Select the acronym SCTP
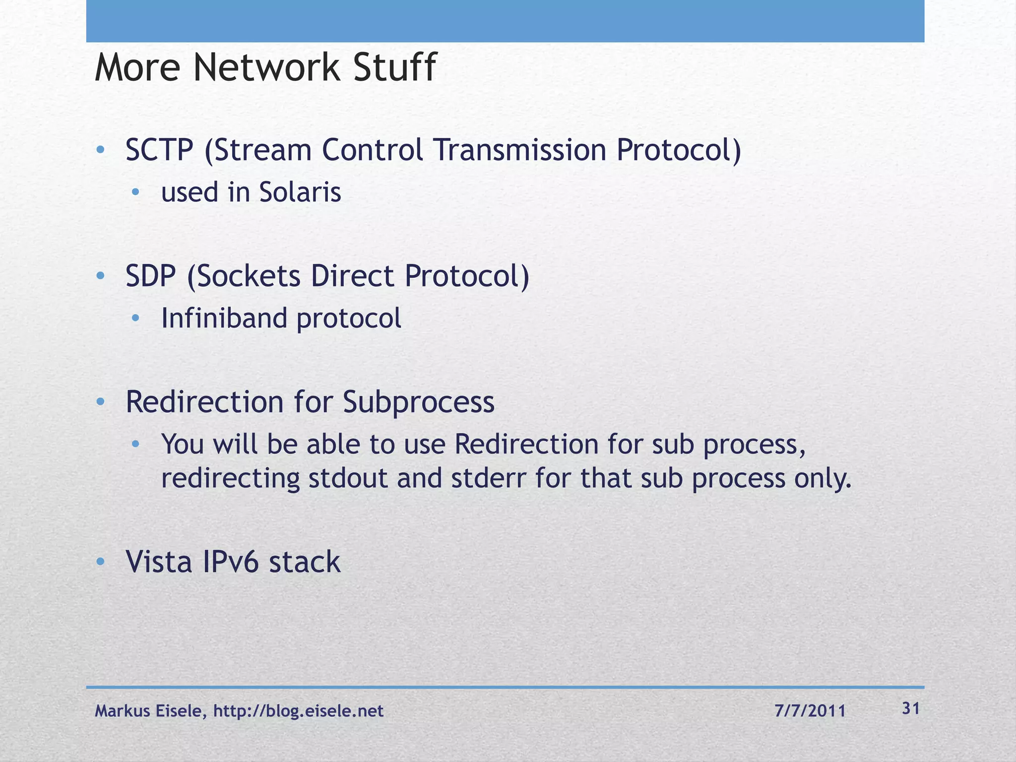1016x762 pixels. pyautogui.click(x=159, y=150)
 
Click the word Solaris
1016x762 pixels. pyautogui.click(x=300, y=192)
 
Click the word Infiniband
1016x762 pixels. pyautogui.click(x=224, y=318)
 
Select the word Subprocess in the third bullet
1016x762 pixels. pyautogui.click(x=418, y=402)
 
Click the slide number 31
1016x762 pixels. pyautogui.click(x=911, y=709)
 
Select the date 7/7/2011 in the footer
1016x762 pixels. pyautogui.click(x=810, y=711)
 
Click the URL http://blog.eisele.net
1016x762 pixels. pyautogui.click(x=298, y=711)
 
